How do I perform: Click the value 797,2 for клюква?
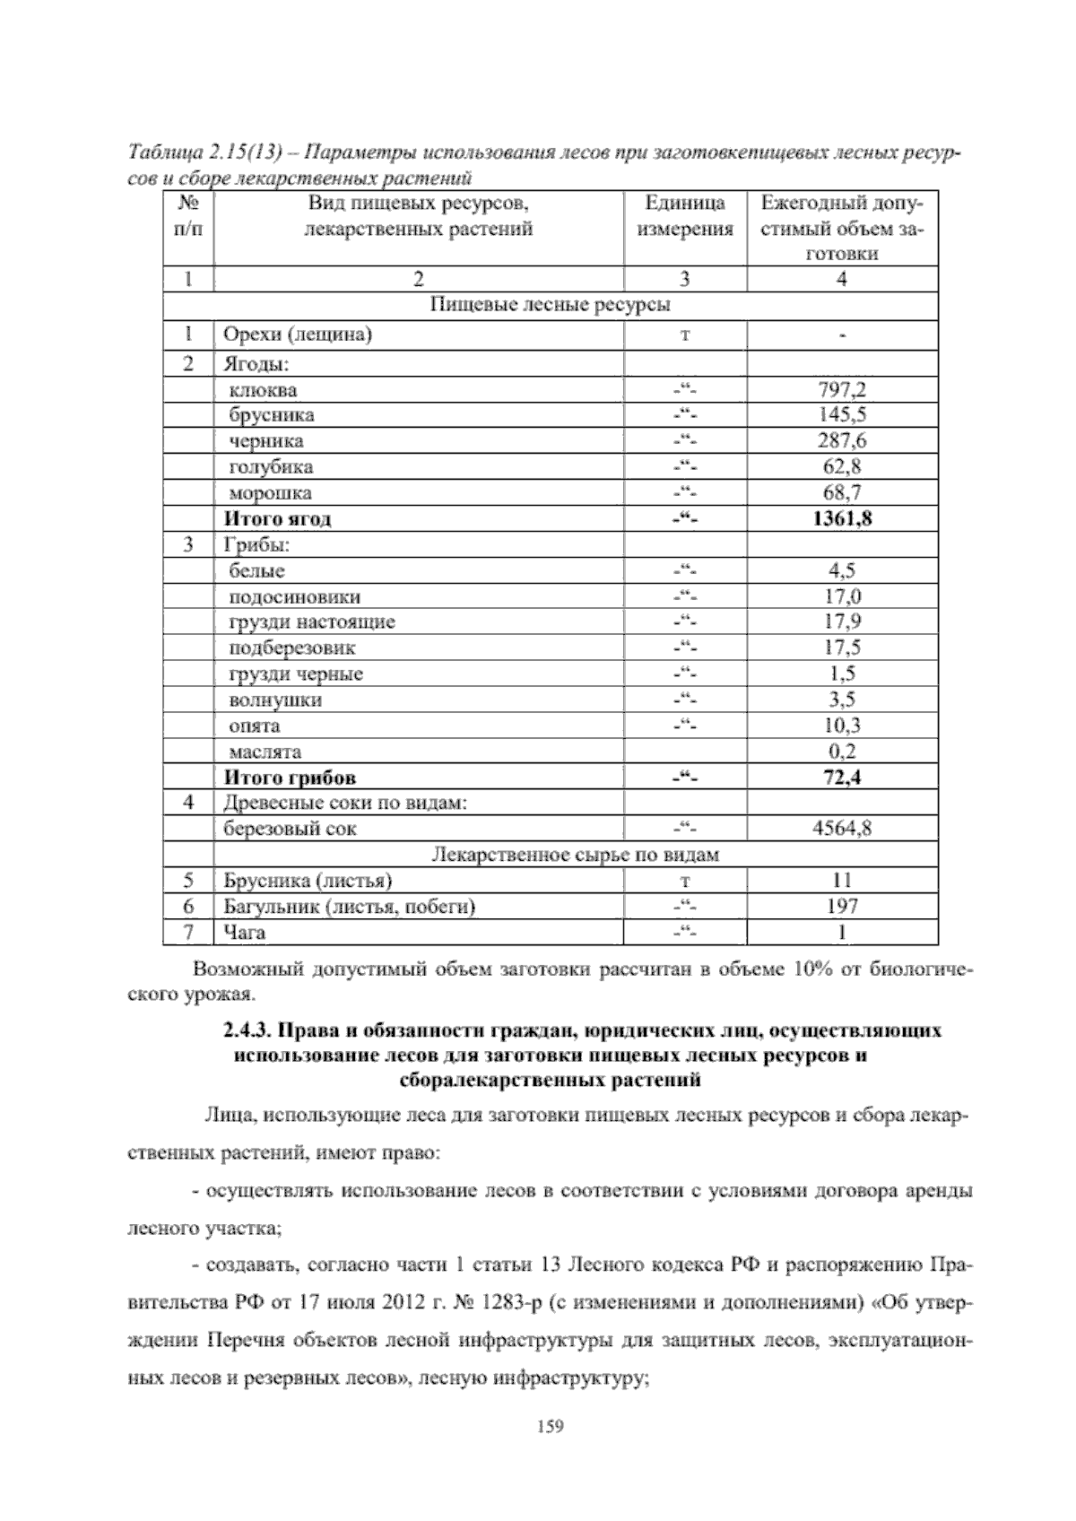tap(842, 390)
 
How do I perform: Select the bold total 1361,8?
tap(842, 518)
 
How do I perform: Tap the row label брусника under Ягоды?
tap(272, 415)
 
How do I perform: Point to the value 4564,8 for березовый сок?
tap(842, 829)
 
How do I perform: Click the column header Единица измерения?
tap(685, 216)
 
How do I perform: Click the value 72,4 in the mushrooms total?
tap(842, 778)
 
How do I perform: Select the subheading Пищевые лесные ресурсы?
tap(551, 306)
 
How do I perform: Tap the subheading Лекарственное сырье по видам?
tap(576, 855)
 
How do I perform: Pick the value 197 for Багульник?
tap(842, 907)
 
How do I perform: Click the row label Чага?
tap(244, 933)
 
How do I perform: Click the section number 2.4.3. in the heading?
tap(254, 1030)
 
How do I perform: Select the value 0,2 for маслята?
tap(842, 752)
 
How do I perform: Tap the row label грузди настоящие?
tap(312, 621)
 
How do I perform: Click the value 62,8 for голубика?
tap(842, 466)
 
